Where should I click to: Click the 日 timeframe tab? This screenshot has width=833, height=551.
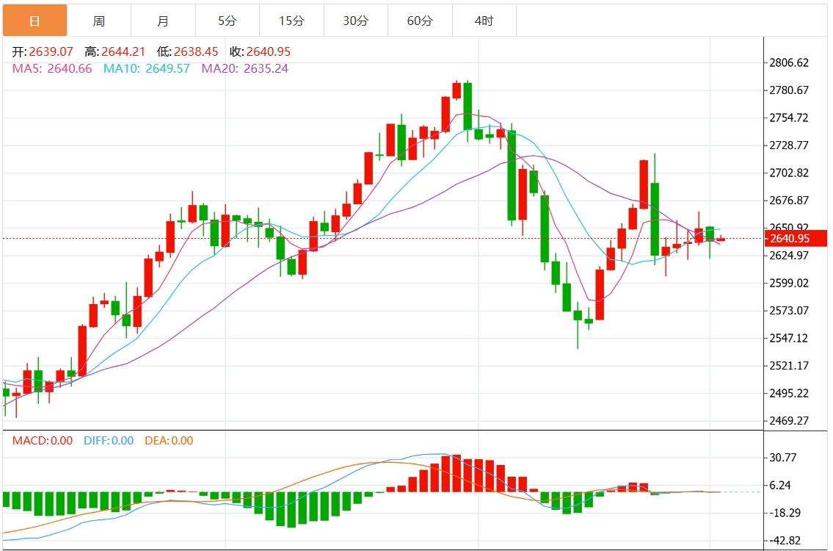click(34, 21)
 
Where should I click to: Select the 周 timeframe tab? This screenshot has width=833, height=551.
click(99, 21)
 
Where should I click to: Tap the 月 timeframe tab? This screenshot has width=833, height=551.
click(163, 21)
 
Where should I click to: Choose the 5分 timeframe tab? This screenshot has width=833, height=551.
click(228, 21)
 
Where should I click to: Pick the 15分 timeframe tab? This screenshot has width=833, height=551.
click(291, 21)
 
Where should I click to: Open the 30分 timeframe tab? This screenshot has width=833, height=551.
click(356, 21)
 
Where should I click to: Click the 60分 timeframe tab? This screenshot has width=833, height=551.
click(420, 21)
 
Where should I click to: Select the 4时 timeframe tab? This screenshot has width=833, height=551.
click(484, 21)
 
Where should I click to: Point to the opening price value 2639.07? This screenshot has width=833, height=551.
click(51, 52)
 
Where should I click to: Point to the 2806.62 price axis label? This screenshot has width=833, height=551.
click(788, 63)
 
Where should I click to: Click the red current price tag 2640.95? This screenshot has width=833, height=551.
click(796, 238)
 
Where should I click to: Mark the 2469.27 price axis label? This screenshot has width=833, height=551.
click(788, 421)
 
